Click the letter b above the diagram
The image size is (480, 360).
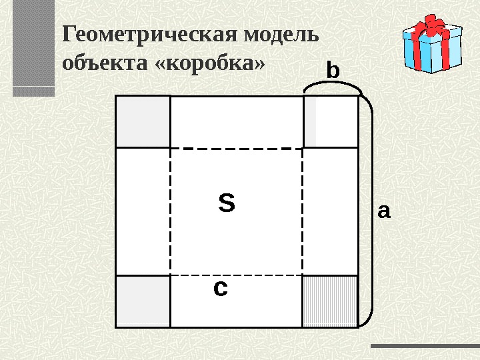click(x=333, y=70)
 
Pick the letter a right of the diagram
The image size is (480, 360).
click(x=384, y=212)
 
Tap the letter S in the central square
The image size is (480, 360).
click(x=227, y=203)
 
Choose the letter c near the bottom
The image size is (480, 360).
click(x=220, y=289)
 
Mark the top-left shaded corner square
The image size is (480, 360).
click(x=143, y=121)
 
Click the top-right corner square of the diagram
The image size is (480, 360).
click(x=331, y=121)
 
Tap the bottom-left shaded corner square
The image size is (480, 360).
click(x=143, y=301)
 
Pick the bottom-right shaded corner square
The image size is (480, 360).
click(x=331, y=301)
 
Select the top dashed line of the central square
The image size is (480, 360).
click(x=237, y=148)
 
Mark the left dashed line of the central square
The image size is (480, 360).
click(x=171, y=211)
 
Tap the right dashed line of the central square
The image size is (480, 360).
click(x=303, y=211)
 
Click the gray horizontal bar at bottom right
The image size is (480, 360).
click(x=424, y=346)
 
